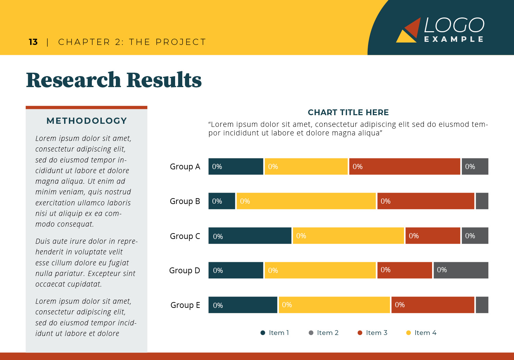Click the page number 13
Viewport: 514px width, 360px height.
pyautogui.click(x=33, y=42)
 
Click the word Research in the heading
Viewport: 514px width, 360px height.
pyautogui.click(x=73, y=80)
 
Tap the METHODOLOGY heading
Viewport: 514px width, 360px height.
pyautogui.click(x=87, y=121)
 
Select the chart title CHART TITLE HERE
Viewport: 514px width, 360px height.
pyautogui.click(x=348, y=112)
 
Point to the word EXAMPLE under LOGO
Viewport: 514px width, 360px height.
pyautogui.click(x=454, y=39)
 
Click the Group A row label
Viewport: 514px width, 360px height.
pyautogui.click(x=185, y=167)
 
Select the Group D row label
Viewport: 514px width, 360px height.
pyautogui.click(x=184, y=271)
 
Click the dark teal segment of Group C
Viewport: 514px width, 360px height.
pyautogui.click(x=250, y=236)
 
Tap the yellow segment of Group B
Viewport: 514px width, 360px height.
pyautogui.click(x=306, y=201)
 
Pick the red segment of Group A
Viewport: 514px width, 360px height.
pyautogui.click(x=404, y=167)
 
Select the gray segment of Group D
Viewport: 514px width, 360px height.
pyautogui.click(x=461, y=270)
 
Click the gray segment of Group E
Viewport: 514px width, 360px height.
pyautogui.click(x=482, y=305)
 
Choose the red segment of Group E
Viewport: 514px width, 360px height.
pyautogui.click(x=432, y=305)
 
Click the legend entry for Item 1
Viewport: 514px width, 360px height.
pyautogui.click(x=275, y=333)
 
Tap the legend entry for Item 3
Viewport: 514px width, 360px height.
pyautogui.click(x=372, y=333)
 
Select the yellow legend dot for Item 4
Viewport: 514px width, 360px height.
pyautogui.click(x=408, y=333)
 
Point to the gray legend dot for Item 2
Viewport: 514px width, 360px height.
pyautogui.click(x=311, y=333)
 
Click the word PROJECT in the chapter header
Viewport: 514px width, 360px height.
pyautogui.click(x=181, y=42)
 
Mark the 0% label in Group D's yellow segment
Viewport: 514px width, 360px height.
pyautogui.click(x=273, y=271)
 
